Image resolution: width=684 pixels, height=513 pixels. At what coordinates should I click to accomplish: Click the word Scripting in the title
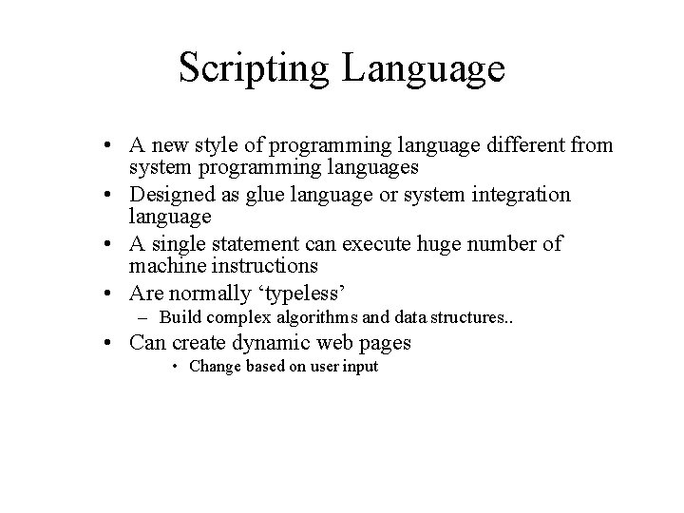pos(255,69)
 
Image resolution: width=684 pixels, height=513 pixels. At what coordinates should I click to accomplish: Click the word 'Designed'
pos(171,195)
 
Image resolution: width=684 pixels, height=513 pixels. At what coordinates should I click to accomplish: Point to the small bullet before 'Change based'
pos(178,367)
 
